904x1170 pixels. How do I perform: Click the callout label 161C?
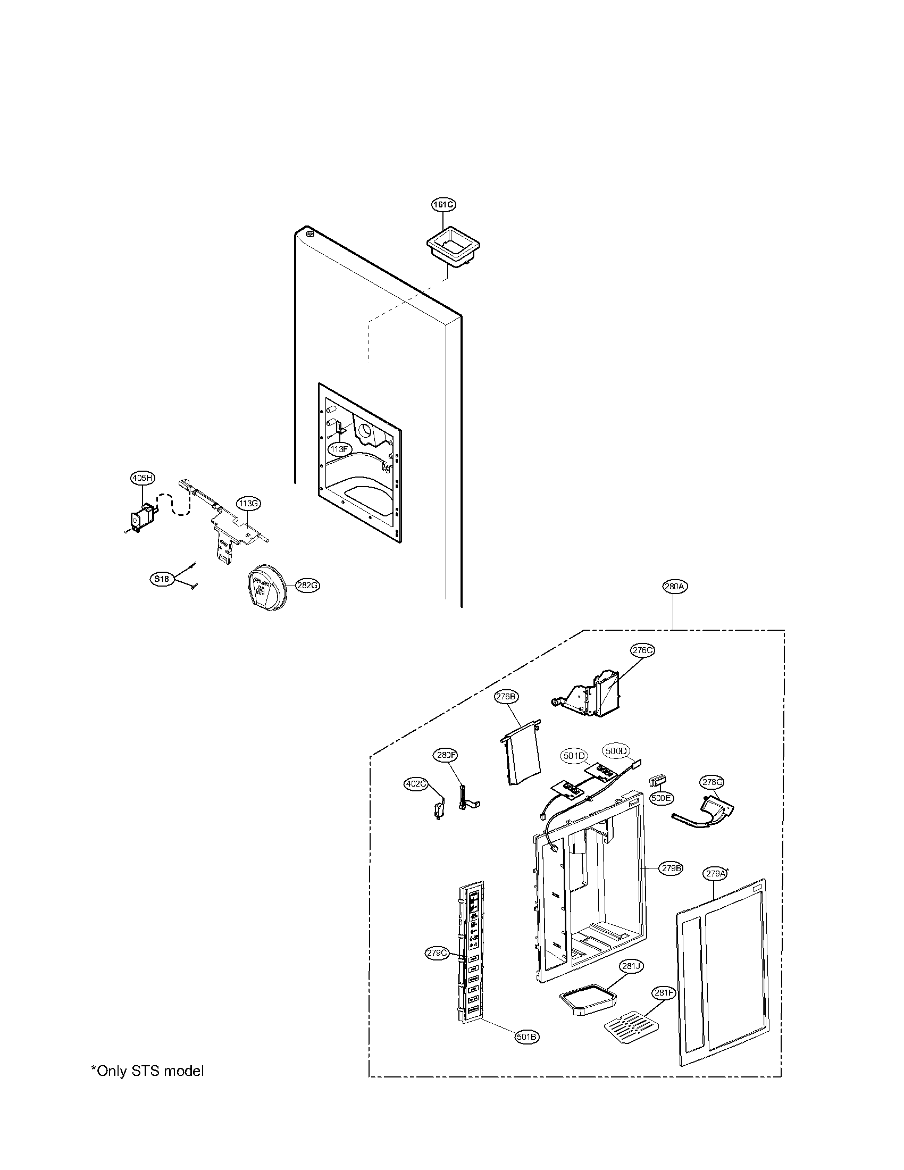tap(444, 205)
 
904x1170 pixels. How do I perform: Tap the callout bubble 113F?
tap(340, 449)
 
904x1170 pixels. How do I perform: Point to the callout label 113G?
tap(249, 503)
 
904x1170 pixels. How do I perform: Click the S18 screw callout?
tap(161, 579)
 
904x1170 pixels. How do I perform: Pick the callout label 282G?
tap(307, 586)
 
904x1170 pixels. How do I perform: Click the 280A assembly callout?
tap(674, 587)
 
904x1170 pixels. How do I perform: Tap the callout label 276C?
tap(642, 650)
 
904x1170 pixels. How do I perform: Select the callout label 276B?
tap(506, 697)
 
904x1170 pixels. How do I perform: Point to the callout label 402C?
tap(416, 784)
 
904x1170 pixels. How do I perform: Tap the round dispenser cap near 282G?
tap(267, 588)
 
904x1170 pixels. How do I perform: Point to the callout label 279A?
tap(715, 874)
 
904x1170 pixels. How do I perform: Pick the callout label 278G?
tap(712, 782)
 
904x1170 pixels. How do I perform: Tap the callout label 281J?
tap(631, 966)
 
